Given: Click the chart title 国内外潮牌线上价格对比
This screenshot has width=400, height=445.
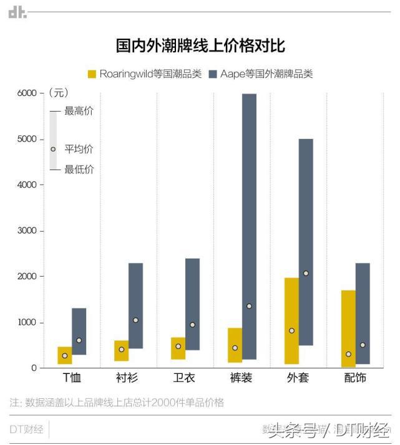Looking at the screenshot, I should point(200,45).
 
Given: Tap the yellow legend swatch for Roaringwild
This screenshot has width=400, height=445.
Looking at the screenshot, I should point(92,74).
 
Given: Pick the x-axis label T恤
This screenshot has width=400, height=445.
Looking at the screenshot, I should point(72,378).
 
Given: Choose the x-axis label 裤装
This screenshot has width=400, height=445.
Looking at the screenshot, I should point(241,378).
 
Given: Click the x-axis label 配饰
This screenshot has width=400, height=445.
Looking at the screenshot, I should point(355,378).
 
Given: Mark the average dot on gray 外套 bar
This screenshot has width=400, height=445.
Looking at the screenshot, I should point(306,274).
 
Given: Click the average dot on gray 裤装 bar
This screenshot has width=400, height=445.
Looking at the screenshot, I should point(249,306).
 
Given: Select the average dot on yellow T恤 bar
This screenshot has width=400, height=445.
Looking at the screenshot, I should point(65,356).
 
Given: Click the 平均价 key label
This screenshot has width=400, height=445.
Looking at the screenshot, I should point(79,149).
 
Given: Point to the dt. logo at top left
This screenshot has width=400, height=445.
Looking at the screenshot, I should point(17,12).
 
